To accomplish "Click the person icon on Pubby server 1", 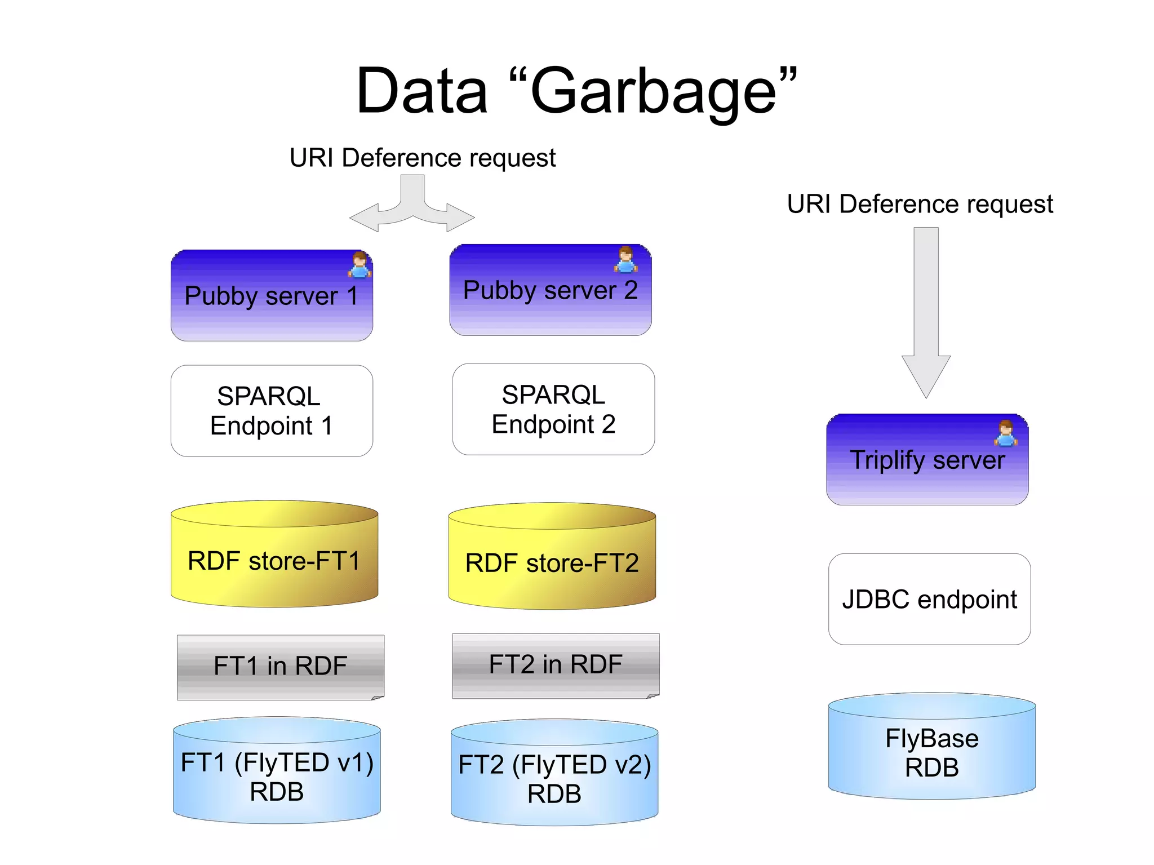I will (x=359, y=265).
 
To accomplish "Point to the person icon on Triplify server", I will (x=1006, y=433).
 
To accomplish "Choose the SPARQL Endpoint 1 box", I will (x=272, y=411).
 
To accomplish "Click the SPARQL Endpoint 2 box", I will (x=553, y=409).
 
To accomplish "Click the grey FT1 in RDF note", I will (x=280, y=667).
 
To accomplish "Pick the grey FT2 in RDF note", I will (x=556, y=665).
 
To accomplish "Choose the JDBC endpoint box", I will (x=929, y=599).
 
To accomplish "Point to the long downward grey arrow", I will (x=926, y=310).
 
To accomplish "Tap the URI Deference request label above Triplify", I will (x=920, y=204).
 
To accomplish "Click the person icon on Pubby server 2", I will (x=625, y=260).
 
